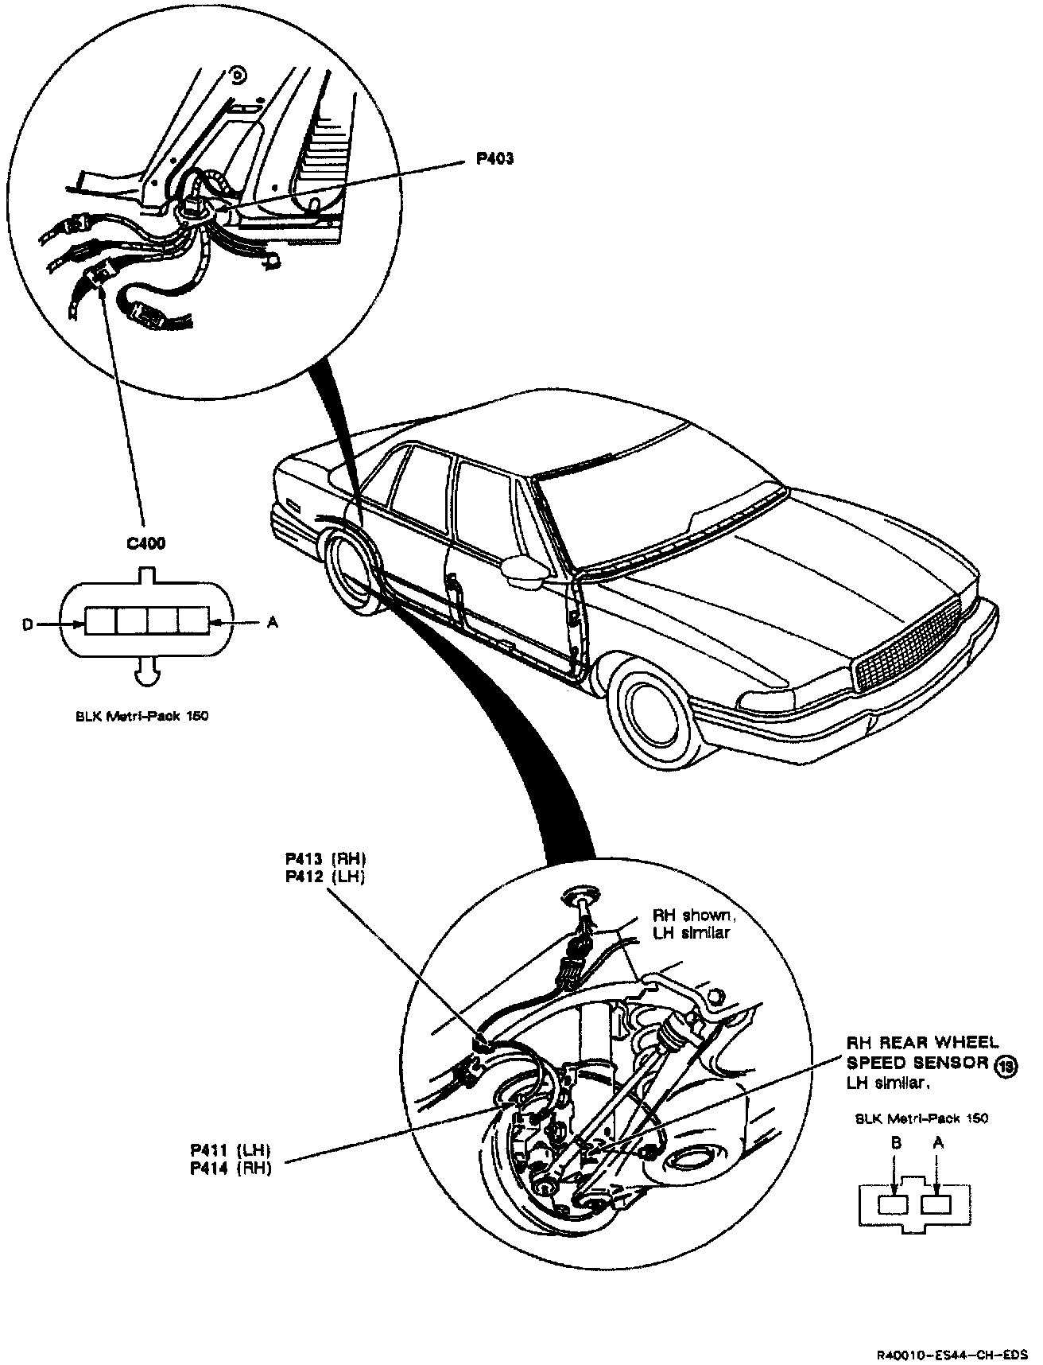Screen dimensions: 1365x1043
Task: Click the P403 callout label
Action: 494,158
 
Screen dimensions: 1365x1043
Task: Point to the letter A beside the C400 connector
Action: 272,623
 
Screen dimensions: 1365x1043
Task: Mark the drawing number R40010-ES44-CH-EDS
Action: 957,1352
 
